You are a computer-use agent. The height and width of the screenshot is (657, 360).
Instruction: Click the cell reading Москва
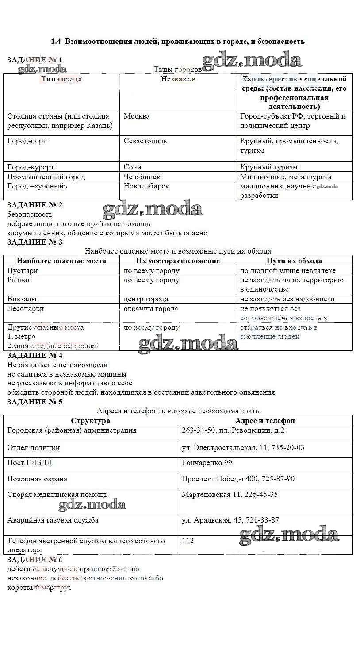[137, 116]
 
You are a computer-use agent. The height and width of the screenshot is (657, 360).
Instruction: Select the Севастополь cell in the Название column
[145, 141]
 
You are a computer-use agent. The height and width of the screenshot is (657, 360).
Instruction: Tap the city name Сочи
[133, 167]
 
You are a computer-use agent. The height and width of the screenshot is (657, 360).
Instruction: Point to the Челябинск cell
[142, 177]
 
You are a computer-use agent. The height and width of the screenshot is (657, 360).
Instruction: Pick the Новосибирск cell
[146, 186]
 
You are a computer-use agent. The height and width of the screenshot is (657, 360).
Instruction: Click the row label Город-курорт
[31, 167]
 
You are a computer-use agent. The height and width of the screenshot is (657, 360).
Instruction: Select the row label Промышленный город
[46, 177]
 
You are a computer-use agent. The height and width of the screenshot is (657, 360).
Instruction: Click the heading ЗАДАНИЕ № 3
[35, 242]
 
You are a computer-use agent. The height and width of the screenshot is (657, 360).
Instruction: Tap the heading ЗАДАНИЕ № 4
[35, 355]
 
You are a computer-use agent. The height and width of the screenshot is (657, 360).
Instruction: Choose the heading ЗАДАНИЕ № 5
[35, 402]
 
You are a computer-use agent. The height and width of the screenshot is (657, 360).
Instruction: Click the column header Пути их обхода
[294, 261]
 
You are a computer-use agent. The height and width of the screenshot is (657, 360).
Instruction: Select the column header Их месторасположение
[178, 261]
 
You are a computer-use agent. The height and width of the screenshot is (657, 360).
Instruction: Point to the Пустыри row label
[23, 271]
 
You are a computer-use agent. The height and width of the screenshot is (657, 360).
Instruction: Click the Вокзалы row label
[22, 299]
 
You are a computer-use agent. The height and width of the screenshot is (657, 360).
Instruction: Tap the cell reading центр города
[146, 299]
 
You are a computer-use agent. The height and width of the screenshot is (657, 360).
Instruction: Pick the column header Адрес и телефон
[265, 421]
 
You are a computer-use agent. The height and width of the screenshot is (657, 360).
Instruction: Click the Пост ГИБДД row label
[30, 463]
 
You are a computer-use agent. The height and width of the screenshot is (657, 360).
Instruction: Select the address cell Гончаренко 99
[207, 463]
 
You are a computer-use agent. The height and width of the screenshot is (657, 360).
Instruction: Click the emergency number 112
[188, 541]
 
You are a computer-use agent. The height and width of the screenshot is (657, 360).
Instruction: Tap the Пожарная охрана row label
[37, 479]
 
